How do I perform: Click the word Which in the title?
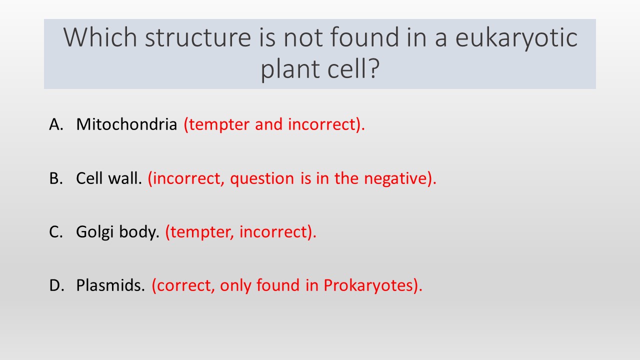click(x=100, y=37)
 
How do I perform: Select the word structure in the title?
click(x=198, y=37)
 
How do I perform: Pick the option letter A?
click(x=56, y=124)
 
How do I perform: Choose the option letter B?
click(x=56, y=178)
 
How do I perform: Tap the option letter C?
click(x=56, y=231)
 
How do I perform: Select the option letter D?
click(x=56, y=285)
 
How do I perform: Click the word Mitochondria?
click(x=126, y=124)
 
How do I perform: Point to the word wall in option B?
click(x=125, y=178)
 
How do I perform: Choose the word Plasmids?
click(x=110, y=285)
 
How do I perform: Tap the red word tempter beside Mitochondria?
click(x=216, y=125)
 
